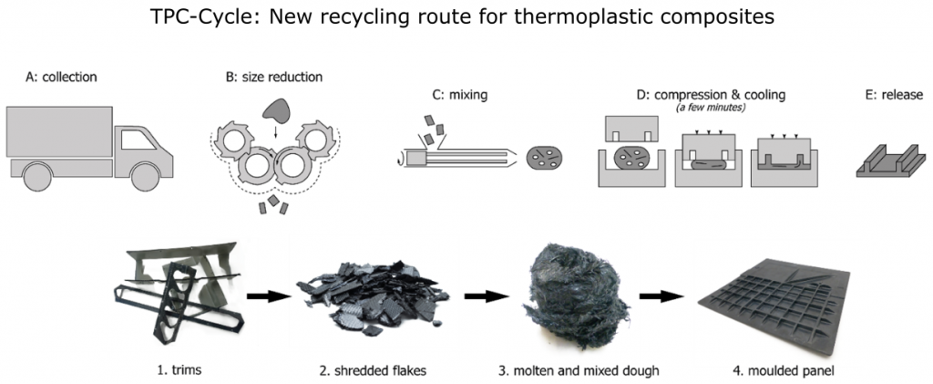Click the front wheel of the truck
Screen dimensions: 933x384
146,176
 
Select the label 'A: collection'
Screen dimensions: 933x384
61,77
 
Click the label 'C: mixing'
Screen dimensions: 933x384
459,95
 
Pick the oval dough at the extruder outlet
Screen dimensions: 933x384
545,158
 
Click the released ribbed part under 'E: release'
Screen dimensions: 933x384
891,161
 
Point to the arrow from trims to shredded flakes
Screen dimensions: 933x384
270,295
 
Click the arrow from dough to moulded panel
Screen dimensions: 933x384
661,295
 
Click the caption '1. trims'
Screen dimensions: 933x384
178,371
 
